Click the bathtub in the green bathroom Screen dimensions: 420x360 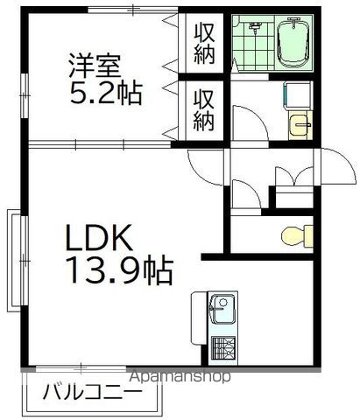[293, 44]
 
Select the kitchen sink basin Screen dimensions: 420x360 [222, 308]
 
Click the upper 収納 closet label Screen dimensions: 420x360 [204, 42]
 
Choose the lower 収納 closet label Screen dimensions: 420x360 [204, 108]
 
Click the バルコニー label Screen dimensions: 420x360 [92, 390]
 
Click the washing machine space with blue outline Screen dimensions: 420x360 [295, 97]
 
